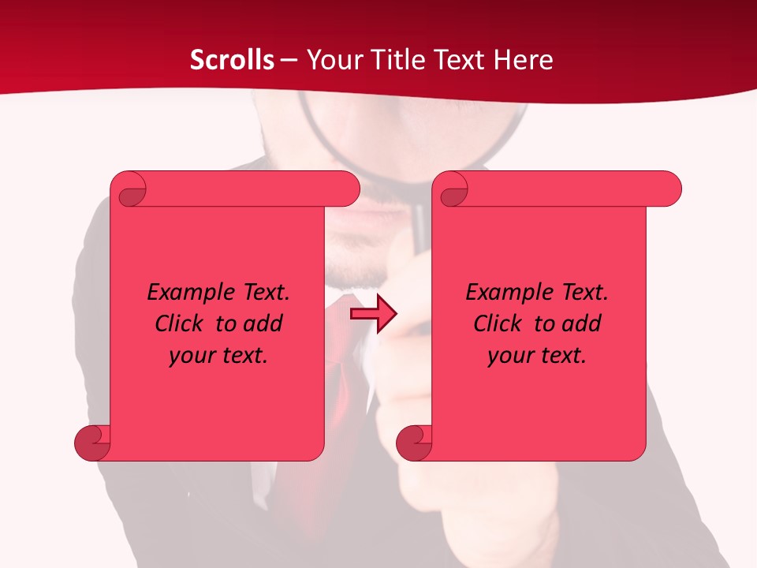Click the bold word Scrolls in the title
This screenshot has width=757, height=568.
[232, 60]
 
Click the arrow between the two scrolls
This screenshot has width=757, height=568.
[373, 313]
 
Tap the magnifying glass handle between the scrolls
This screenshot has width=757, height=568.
[420, 221]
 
